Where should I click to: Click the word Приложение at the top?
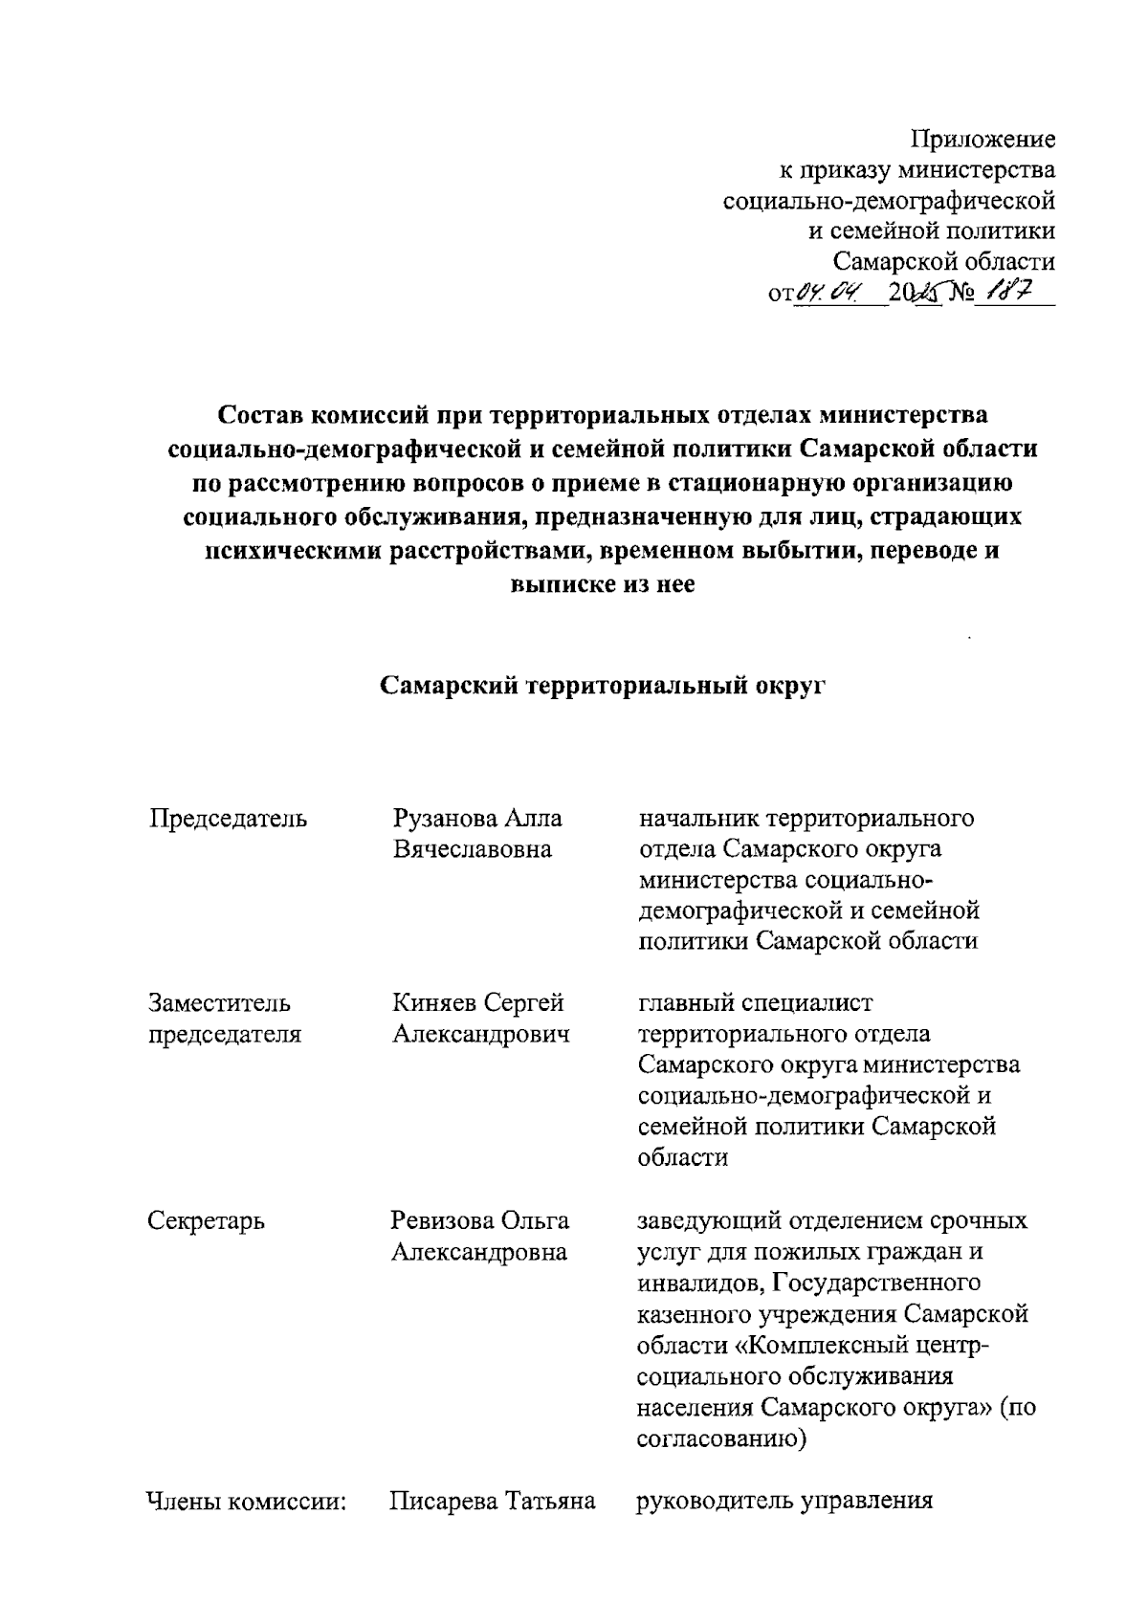pos(982,140)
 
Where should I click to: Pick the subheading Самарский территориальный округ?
pos(602,685)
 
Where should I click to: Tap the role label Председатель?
pos(228,819)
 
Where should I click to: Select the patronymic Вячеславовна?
pos(473,849)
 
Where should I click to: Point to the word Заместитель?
pos(219,1003)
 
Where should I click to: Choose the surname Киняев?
pos(434,1003)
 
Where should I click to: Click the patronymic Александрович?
pos(481,1034)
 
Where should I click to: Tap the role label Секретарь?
pos(206,1220)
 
